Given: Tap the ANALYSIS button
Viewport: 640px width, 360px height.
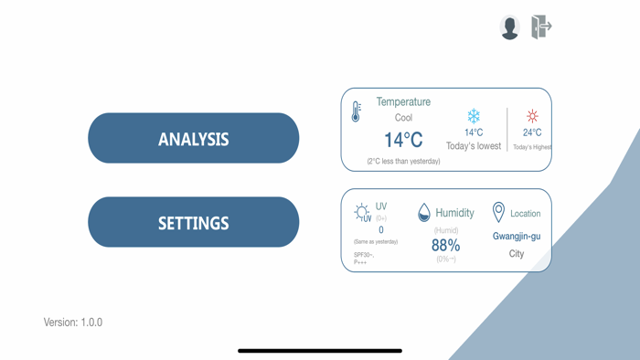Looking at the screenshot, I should (x=193, y=139).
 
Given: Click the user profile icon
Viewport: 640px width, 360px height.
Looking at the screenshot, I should (x=509, y=27).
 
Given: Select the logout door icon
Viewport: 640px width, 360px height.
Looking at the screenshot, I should (x=541, y=26).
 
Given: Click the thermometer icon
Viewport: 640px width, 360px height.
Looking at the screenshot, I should (x=357, y=111).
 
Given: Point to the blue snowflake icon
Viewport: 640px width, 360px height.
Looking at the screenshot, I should (x=474, y=116).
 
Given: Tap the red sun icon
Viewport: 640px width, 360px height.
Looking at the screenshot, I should (x=532, y=116).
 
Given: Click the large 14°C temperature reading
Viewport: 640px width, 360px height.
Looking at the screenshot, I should (x=402, y=140).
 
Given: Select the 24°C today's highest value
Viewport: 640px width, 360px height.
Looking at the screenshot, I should (x=532, y=132).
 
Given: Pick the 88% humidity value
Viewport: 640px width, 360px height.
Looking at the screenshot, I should (x=445, y=245).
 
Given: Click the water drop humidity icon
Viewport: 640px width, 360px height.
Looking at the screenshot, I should (x=423, y=213).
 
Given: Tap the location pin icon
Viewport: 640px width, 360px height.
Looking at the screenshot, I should (x=498, y=212).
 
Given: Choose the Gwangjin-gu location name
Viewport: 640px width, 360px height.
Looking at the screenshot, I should (x=517, y=236).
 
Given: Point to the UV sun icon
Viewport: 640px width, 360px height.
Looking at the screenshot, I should (x=362, y=212).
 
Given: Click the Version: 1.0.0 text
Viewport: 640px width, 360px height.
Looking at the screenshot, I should (x=73, y=323).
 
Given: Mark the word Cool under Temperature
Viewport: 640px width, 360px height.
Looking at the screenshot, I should (x=403, y=118).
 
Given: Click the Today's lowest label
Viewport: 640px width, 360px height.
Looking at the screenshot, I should (x=474, y=146).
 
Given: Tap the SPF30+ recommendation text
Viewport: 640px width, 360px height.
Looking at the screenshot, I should (x=364, y=256).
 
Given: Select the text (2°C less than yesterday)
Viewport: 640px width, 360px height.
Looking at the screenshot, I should (x=403, y=161).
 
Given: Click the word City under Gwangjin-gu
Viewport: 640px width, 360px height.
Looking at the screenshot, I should (x=517, y=253).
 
